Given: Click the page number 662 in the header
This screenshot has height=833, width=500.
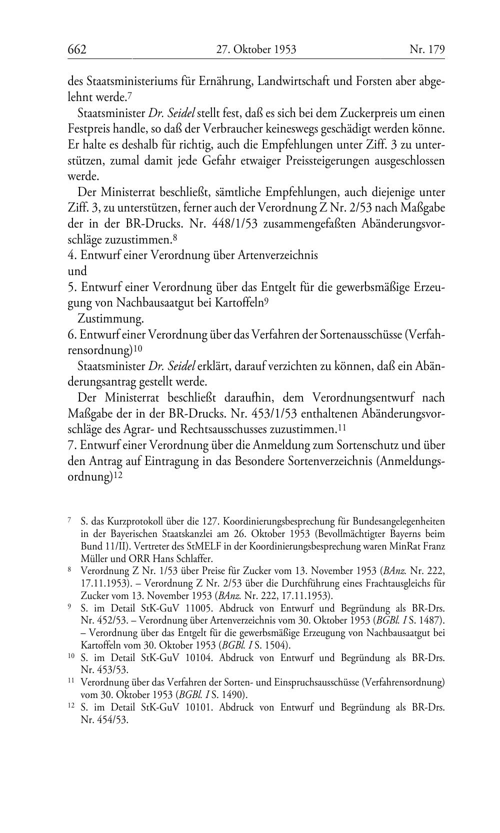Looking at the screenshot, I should pos(77,49).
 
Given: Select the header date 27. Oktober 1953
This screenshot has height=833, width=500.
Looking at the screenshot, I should pos(256,49).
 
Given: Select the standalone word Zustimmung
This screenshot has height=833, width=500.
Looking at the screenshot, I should pos(110,318).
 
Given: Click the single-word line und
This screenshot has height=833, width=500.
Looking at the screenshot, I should pos(77,271).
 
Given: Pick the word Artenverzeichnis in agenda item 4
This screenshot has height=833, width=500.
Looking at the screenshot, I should pos(277,255).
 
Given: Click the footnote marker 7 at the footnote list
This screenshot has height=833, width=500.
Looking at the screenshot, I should pos(69,521).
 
